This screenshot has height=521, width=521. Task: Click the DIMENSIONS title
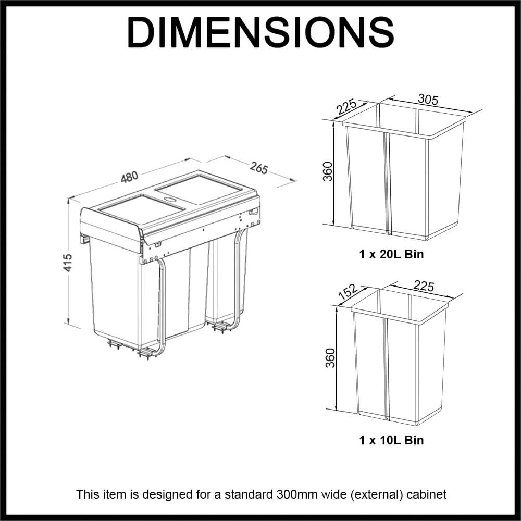[x=260, y=32]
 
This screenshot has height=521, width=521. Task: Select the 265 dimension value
[x=259, y=168]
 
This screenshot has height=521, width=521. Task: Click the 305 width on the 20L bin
[x=428, y=100]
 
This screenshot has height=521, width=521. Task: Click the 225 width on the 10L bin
[x=423, y=286]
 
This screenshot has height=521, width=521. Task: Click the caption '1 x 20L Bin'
[x=391, y=255]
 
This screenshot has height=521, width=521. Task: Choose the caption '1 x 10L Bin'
[x=391, y=440]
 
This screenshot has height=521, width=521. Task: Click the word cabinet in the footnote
[x=427, y=494]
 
